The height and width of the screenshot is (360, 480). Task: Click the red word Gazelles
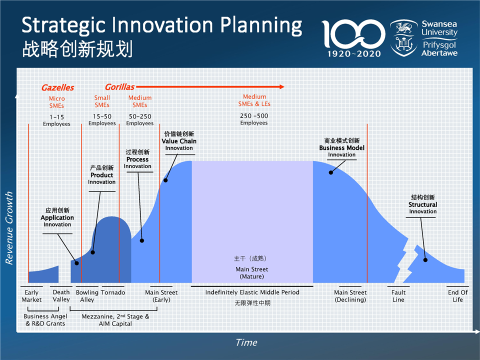58,88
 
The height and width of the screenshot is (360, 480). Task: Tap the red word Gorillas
119,87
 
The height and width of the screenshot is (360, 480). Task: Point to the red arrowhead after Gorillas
282,87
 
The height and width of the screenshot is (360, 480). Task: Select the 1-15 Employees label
56,120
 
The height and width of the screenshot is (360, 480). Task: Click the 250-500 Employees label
254,119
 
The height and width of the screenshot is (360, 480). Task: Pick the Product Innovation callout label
102,175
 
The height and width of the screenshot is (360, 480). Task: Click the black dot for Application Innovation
77,263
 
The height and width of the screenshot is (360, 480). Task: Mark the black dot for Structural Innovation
425,260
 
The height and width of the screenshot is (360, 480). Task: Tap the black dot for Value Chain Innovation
165,180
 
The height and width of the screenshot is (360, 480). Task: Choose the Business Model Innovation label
341,147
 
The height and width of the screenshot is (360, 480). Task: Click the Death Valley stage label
61,295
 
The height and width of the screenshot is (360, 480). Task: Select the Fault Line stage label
398,296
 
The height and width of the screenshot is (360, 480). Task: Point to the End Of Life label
457,296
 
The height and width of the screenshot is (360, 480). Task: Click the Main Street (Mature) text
251,273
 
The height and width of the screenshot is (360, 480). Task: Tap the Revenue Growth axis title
9,228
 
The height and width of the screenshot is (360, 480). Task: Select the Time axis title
246,342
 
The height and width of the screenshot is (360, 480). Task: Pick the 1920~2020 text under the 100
354,54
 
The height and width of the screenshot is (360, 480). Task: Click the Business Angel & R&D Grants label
45,320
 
